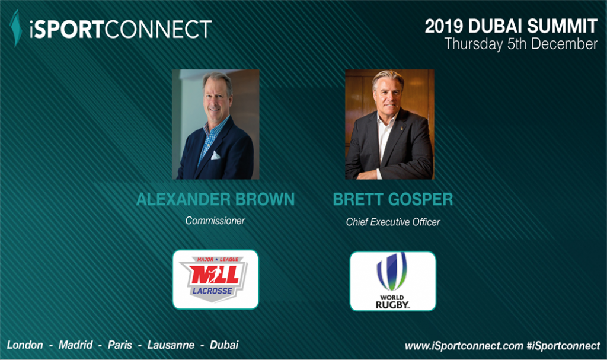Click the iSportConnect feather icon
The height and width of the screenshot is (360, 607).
point(15,28)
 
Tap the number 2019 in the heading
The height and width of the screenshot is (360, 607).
point(444,26)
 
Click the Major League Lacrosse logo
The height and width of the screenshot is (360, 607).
point(215,279)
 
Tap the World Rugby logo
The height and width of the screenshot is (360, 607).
point(392,281)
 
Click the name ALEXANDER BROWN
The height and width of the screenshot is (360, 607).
point(215,199)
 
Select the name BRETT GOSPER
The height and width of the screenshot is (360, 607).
point(393,199)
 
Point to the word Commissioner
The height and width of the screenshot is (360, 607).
point(215,221)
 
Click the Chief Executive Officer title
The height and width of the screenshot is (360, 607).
point(393,222)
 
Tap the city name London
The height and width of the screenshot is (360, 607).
point(25,345)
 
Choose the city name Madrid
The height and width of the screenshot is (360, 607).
point(75,345)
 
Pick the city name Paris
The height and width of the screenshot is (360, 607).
point(120,345)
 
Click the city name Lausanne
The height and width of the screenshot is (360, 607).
point(171,345)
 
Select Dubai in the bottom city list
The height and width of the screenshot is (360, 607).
point(224,345)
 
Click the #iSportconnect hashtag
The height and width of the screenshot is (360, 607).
point(563,346)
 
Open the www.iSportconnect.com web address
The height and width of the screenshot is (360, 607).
point(464,346)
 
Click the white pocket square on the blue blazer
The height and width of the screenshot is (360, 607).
point(215,155)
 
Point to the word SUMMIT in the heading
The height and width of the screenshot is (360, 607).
point(562,26)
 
